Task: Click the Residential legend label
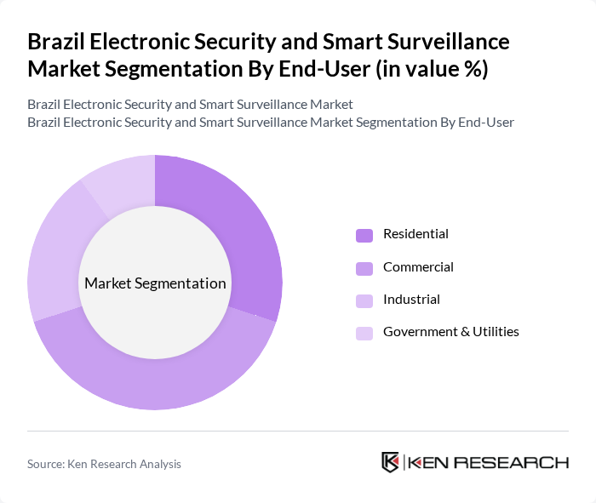click(415, 234)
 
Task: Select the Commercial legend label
click(418, 266)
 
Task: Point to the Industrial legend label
click(411, 299)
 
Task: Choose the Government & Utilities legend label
click(450, 331)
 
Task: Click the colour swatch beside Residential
click(364, 235)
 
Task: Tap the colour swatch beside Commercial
click(364, 267)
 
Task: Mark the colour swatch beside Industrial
click(364, 300)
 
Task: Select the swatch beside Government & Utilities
click(364, 332)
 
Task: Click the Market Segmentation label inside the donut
click(155, 283)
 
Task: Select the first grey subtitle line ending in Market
click(190, 105)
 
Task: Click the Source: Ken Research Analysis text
click(104, 464)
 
